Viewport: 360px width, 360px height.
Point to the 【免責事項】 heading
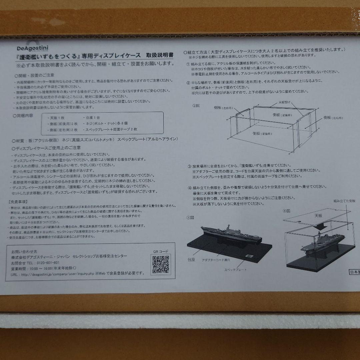(x=18, y=202)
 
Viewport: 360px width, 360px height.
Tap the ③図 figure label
(x=190, y=217)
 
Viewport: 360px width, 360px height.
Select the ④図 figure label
(x=287, y=211)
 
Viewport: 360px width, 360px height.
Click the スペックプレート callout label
(x=235, y=269)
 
